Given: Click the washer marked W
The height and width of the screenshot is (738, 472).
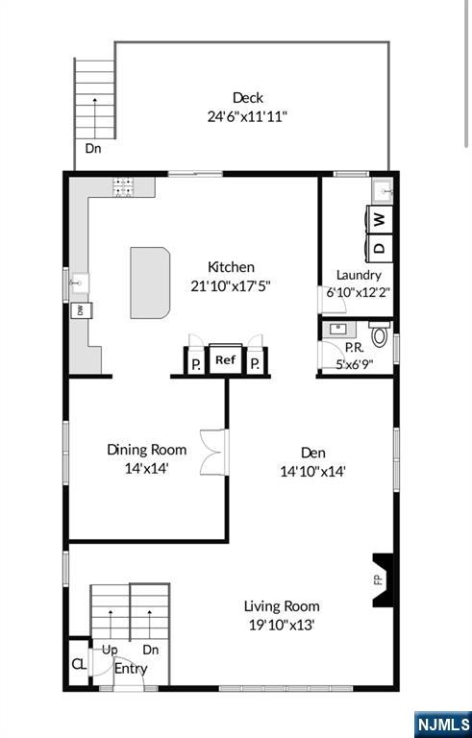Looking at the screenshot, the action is (x=380, y=219).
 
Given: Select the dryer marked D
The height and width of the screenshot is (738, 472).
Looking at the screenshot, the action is (x=380, y=247).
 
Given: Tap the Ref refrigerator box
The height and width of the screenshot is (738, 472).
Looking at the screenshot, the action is (x=225, y=360).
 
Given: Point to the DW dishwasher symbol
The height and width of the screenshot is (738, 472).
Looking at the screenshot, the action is (x=81, y=310).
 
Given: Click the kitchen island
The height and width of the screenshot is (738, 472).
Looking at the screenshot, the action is (x=150, y=283).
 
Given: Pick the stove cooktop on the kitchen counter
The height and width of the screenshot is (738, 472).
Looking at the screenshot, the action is (x=123, y=186).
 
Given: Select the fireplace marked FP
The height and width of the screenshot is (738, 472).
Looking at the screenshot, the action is (x=383, y=579).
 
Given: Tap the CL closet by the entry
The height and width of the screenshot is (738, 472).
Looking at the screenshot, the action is (x=79, y=664).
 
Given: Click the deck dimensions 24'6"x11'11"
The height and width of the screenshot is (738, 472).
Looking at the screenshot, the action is (x=247, y=116).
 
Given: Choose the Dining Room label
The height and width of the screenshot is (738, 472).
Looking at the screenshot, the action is (x=146, y=450).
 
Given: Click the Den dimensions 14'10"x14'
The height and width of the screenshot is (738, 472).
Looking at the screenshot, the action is (x=313, y=471).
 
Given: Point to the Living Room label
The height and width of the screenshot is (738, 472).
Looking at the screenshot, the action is (x=282, y=606).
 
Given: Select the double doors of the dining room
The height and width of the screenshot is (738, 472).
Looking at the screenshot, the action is (x=214, y=452).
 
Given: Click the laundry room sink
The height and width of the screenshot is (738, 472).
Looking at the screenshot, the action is (x=382, y=190).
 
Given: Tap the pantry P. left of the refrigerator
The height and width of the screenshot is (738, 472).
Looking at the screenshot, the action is (x=196, y=364).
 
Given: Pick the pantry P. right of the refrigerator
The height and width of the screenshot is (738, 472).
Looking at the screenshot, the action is (x=255, y=364).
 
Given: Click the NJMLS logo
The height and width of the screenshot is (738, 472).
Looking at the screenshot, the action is (x=443, y=725).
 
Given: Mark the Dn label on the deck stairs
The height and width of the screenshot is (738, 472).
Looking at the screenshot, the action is (x=93, y=149).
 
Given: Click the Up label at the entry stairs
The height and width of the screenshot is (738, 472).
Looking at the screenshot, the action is (x=110, y=651).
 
